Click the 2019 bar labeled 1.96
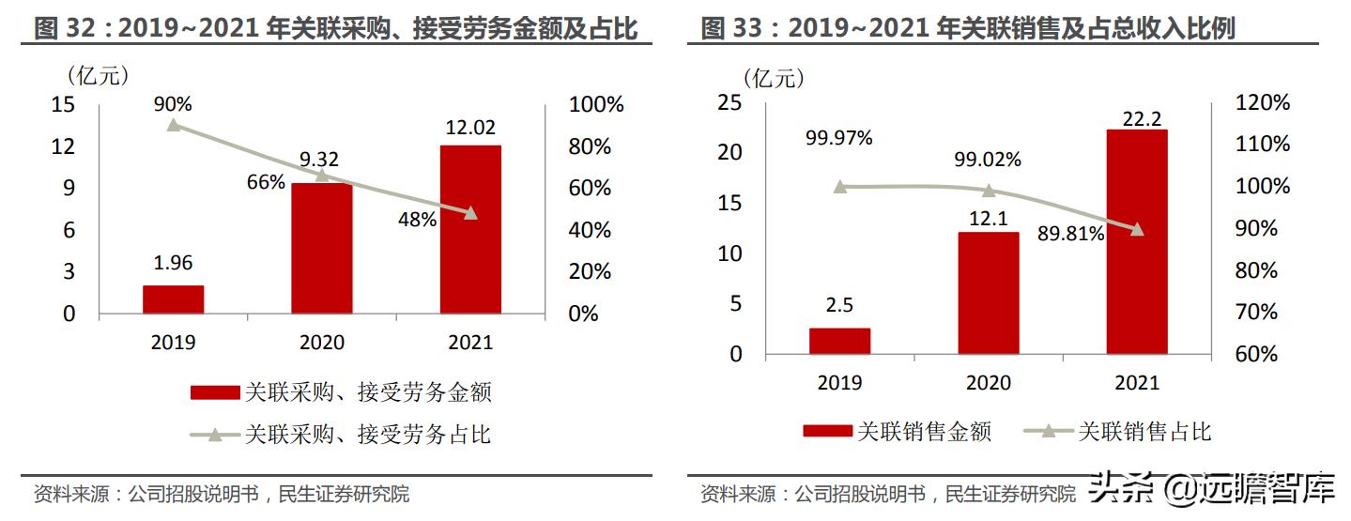point(173,299)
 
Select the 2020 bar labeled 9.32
point(321,248)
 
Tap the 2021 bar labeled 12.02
point(469,229)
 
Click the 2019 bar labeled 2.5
point(839,341)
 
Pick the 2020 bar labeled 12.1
point(988,293)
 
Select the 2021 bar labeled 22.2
point(1136,242)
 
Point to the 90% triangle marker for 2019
point(173,125)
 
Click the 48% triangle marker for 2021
point(470,213)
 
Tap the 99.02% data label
point(987,160)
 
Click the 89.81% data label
point(1070,235)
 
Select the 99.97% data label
point(838,138)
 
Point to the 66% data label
point(266,182)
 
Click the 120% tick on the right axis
point(1262,103)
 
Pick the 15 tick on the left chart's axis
point(63,104)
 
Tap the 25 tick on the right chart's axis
point(729,102)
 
